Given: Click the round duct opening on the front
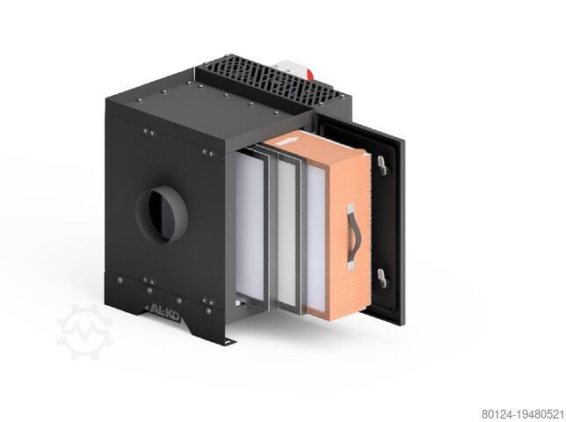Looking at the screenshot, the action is (x=162, y=214).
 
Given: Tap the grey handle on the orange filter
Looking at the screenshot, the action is (x=352, y=237).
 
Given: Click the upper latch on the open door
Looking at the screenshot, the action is (x=383, y=164).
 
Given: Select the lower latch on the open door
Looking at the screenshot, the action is (x=382, y=278).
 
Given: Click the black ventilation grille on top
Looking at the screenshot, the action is (x=270, y=80).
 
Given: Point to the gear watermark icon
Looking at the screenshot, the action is (x=85, y=331).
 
